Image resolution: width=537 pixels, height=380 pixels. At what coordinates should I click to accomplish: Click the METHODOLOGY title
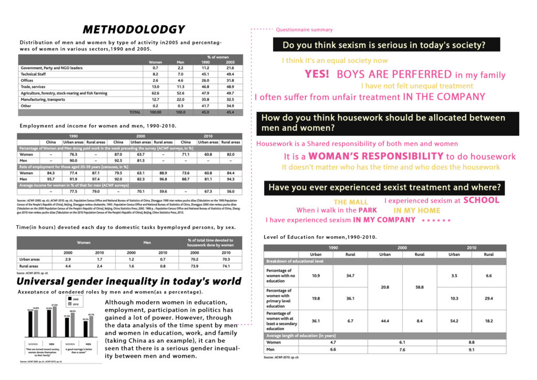click(x=134, y=29)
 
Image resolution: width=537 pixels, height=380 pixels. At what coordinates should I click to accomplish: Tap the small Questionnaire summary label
click(x=304, y=30)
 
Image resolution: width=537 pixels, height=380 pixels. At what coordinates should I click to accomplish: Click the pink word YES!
click(x=317, y=75)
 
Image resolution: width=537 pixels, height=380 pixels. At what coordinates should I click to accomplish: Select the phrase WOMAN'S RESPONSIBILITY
click(x=375, y=156)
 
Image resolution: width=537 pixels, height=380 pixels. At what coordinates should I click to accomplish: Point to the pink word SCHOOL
click(x=481, y=200)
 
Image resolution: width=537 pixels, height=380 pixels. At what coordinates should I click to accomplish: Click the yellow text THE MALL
click(x=351, y=202)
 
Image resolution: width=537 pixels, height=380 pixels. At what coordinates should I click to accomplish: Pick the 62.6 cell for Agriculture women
click(x=155, y=93)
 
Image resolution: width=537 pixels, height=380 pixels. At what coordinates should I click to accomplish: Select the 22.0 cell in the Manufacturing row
click(x=180, y=99)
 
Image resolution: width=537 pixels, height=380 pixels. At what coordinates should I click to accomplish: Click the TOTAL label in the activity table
click(x=135, y=112)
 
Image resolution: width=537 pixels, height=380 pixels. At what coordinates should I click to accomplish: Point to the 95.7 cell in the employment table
click(x=51, y=180)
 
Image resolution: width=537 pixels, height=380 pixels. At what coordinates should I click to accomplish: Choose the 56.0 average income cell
click(x=231, y=192)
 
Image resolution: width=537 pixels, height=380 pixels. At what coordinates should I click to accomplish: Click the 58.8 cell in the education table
click(x=420, y=287)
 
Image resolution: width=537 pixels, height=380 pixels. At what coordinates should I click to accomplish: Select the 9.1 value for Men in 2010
click(x=472, y=350)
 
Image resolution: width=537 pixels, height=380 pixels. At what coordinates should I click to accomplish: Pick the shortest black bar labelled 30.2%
click(x=85, y=329)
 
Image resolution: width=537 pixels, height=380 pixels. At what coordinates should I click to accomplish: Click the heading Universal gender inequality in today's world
click(x=129, y=281)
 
